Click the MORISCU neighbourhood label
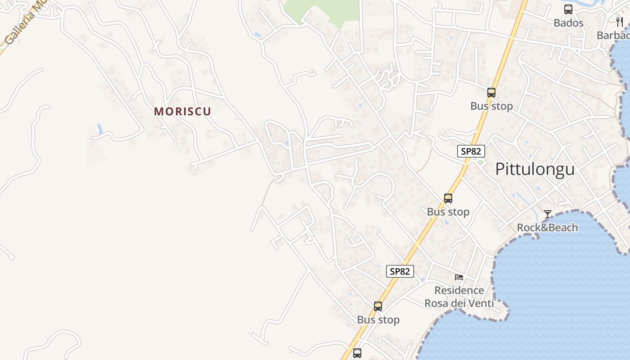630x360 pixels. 182,112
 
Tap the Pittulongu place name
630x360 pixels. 535,169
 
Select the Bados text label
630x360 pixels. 568,23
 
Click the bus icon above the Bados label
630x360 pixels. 568,9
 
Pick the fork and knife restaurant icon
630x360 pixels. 620,22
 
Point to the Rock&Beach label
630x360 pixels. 547,228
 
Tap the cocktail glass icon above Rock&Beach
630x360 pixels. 548,214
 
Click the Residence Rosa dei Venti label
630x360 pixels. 459,297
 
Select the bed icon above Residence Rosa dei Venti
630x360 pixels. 459,277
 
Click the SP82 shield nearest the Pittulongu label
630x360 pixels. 471,151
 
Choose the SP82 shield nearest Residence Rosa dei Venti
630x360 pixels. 400,271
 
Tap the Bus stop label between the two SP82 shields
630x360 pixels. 448,212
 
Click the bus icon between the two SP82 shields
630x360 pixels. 448,198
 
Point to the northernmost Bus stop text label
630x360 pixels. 491,107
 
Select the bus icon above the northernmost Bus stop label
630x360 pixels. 491,93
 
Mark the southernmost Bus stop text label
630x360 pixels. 378,320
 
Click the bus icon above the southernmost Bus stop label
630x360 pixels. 378,306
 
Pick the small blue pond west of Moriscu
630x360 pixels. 99,129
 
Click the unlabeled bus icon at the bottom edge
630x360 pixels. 357,353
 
